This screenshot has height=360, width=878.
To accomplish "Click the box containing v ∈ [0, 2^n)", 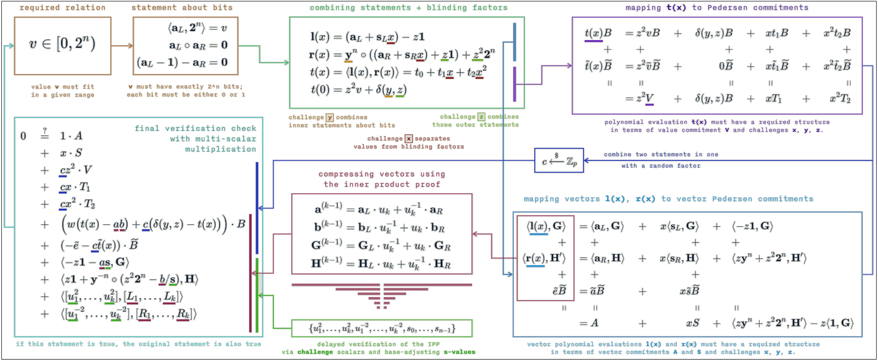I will [x=63, y=45].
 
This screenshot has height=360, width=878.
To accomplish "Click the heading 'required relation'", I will [x=63, y=7].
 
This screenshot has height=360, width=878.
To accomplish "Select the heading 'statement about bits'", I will [x=182, y=7].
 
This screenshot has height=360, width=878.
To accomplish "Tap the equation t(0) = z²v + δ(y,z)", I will [x=358, y=90].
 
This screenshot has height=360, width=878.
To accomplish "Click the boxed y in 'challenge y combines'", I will [x=329, y=117].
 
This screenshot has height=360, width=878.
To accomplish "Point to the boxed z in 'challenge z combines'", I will [x=481, y=117].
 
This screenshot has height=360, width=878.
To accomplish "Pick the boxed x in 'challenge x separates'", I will [x=408, y=138].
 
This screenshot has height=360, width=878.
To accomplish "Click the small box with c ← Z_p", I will [x=559, y=161].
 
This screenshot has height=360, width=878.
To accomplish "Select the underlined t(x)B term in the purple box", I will [x=598, y=33].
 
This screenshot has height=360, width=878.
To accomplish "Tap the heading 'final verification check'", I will [x=195, y=129].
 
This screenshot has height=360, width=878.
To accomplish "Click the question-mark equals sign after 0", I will [x=45, y=134].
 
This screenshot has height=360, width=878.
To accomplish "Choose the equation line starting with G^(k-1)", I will [x=381, y=246].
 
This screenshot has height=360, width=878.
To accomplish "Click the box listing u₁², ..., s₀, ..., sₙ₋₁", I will [x=381, y=328].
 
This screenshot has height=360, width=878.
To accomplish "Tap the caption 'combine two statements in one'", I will [x=661, y=154].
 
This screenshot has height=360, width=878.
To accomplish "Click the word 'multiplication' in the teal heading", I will [x=220, y=149].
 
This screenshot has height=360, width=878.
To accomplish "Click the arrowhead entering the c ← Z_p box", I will [x=586, y=161].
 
